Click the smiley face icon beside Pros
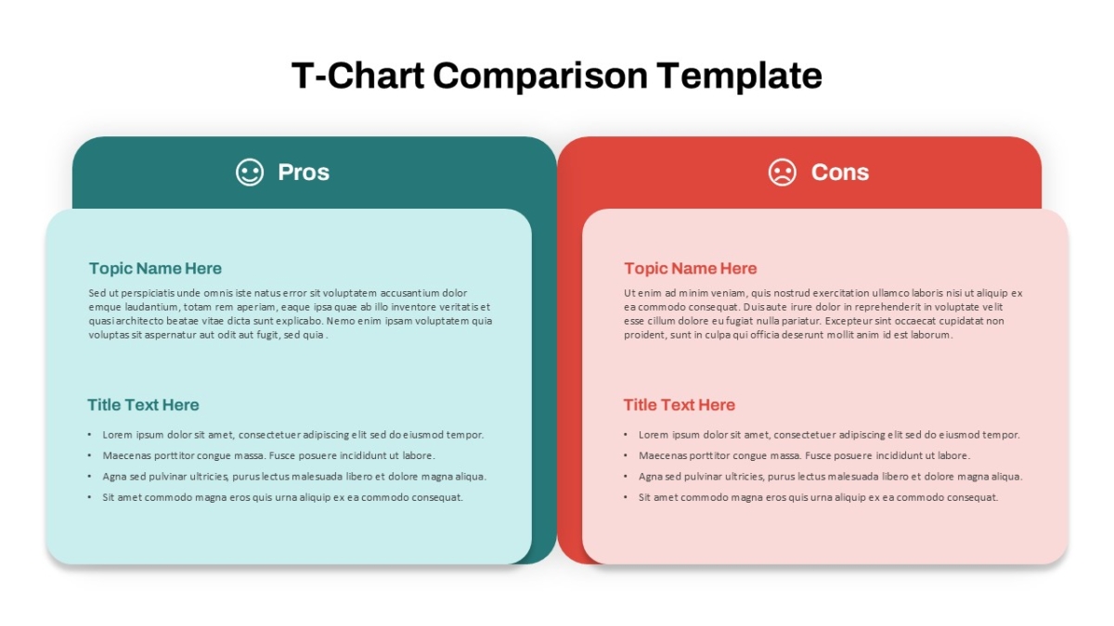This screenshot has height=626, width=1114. click(x=250, y=172)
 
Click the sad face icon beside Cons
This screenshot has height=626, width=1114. click(x=783, y=172)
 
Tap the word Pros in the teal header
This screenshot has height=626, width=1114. click(x=304, y=172)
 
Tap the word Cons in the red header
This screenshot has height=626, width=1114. click(x=840, y=172)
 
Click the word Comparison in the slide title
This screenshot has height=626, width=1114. click(x=540, y=76)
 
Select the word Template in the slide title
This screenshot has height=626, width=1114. click(x=739, y=76)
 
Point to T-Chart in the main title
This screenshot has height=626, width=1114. click(x=357, y=75)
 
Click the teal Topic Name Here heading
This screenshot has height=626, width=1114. click(x=155, y=268)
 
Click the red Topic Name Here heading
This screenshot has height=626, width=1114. click(x=691, y=268)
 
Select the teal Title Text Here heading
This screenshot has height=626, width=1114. click(x=143, y=405)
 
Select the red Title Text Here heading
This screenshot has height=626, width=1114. click(x=680, y=405)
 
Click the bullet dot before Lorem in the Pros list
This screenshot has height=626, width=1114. click(x=89, y=435)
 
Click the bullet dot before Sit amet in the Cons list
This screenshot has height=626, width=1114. click(x=625, y=497)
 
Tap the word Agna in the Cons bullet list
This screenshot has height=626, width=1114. click(x=651, y=477)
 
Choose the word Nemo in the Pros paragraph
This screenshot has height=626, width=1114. click(x=341, y=321)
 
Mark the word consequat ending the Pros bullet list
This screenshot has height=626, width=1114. click(x=437, y=498)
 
